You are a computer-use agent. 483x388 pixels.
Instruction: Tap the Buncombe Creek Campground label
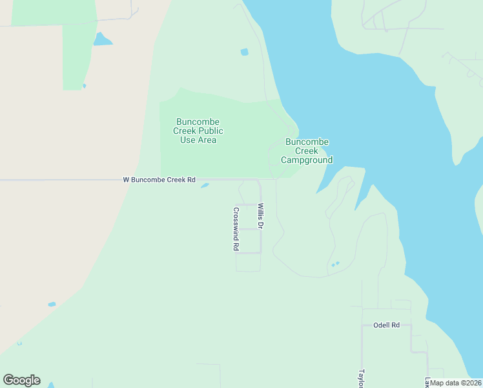coord(307,151)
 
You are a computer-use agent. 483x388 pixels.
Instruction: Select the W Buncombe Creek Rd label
coord(159,180)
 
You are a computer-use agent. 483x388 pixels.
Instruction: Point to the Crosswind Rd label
coord(236,229)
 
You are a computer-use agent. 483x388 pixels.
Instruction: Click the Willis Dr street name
coord(261,217)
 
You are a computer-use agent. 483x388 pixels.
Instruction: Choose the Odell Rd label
coord(386,325)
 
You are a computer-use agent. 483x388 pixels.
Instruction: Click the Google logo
coord(21,380)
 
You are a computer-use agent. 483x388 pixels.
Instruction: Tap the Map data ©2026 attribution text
coord(456,383)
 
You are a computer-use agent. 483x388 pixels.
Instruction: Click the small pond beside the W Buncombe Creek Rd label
coord(205,186)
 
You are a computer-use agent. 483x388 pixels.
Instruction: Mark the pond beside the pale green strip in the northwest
coord(102,39)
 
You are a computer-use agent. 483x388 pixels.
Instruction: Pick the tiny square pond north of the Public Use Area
coord(244,52)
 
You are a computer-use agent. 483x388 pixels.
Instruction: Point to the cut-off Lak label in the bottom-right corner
coord(427,382)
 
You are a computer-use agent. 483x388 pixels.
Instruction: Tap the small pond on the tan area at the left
coord(52,304)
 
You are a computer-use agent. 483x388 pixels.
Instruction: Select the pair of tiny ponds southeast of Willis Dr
coord(334,264)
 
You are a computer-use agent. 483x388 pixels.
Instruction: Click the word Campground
coord(307,160)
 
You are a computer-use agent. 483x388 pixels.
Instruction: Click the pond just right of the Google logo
coord(51,384)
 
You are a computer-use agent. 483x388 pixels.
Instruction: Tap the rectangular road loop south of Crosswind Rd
coord(248,262)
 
